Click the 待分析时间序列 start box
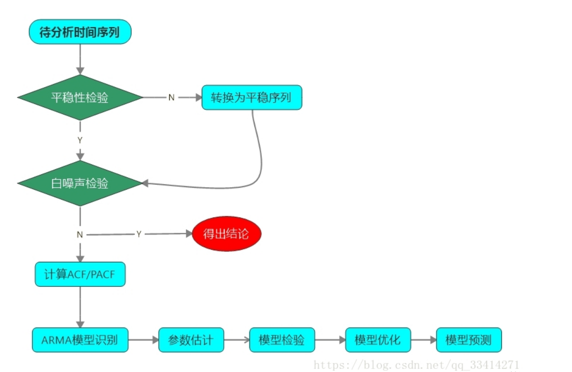tap(80, 32)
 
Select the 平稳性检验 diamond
tap(80, 98)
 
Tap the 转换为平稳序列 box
tap(252, 97)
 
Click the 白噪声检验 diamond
tap(80, 184)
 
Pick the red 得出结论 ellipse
tap(227, 233)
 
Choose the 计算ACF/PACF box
tap(80, 274)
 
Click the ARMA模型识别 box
tap(80, 340)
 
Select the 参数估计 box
tap(191, 340)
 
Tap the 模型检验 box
tap(282, 340)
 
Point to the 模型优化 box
tap(378, 340)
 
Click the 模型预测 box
tap(469, 340)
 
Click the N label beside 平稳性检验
tap(171, 98)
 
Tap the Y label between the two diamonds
tap(80, 141)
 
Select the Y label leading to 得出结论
tap(139, 234)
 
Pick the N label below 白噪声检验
tap(80, 234)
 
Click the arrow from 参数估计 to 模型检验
tap(236, 340)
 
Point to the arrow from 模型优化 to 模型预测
tap(423, 340)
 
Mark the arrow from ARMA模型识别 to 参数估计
tap(143, 340)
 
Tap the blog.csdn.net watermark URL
tap(416, 365)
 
